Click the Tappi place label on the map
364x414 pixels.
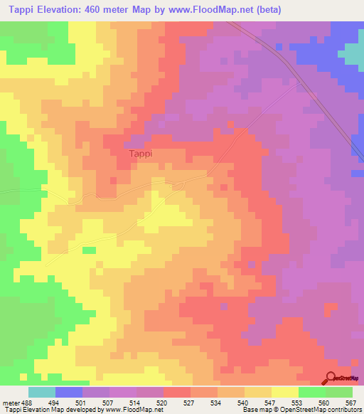click(140, 153)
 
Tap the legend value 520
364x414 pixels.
click(161, 402)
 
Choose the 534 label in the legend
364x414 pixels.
click(216, 402)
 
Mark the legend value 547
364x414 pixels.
click(270, 402)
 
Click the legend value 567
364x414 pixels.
click(351, 402)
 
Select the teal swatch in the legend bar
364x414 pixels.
click(42, 392)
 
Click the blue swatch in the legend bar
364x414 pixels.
click(69, 392)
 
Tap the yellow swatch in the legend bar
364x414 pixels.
click(284, 392)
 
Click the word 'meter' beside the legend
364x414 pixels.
click(11, 402)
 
